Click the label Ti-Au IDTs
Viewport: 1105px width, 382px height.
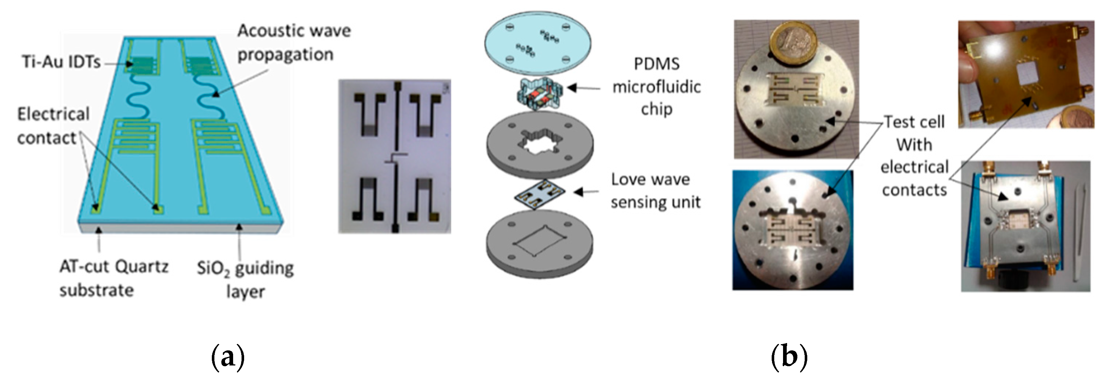point(61,62)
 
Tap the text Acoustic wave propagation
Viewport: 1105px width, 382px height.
point(293,43)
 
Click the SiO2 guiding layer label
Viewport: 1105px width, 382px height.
point(245,279)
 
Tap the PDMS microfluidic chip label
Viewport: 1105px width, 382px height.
point(656,86)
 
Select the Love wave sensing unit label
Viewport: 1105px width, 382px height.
point(655,191)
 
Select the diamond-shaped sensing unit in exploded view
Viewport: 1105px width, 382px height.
point(540,194)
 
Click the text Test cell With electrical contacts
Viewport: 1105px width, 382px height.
point(914,155)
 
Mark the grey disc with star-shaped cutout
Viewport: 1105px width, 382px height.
point(539,144)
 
